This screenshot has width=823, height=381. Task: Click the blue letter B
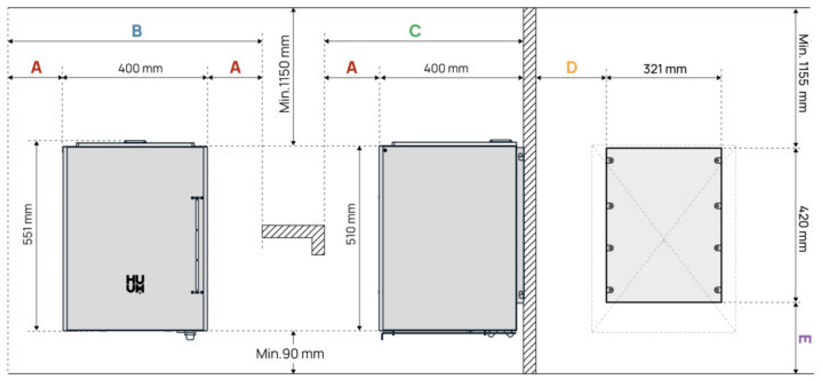pyautogui.click(x=136, y=31)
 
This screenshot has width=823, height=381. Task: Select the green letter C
pyautogui.click(x=415, y=31)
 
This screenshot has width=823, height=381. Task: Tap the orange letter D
pyautogui.click(x=572, y=68)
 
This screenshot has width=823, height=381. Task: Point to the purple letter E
pyautogui.click(x=805, y=339)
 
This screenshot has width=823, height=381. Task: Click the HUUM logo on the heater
pyautogui.click(x=135, y=284)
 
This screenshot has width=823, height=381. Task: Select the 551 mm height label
pyautogui.click(x=28, y=224)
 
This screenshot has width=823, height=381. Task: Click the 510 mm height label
pyautogui.click(x=351, y=224)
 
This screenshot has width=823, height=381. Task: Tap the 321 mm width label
pyautogui.click(x=665, y=69)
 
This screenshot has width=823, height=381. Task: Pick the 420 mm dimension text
pyautogui.click(x=803, y=229)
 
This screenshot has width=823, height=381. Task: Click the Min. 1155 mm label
pyautogui.click(x=803, y=73)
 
